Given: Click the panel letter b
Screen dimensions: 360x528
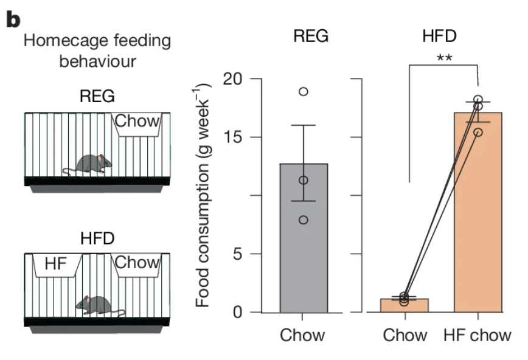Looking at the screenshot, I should coord(13,19).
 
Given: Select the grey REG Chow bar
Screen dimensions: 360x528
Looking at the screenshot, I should coord(303,255).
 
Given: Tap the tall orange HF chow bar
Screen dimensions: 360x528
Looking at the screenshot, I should coord(478,231).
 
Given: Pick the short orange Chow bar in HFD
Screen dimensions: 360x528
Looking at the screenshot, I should coord(405,306).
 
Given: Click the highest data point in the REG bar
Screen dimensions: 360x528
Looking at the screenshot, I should coord(303,92).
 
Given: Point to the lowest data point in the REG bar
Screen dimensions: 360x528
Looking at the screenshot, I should coord(303,220).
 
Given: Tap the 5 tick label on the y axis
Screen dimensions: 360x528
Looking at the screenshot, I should coord(237,254).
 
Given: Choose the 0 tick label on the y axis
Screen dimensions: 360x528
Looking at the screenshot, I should coord(237,313).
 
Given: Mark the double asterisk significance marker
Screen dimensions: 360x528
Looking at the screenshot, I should coord(444,59).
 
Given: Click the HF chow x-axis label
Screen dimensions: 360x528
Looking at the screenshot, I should coord(478,335).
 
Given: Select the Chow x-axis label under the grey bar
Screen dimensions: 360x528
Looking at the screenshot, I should coord(303,335).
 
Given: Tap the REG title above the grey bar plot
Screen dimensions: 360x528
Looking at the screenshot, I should coord(310,36).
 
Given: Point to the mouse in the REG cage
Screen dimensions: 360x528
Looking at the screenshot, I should coord(92,164).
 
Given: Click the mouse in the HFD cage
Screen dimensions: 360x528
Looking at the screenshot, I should coord(97,305).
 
